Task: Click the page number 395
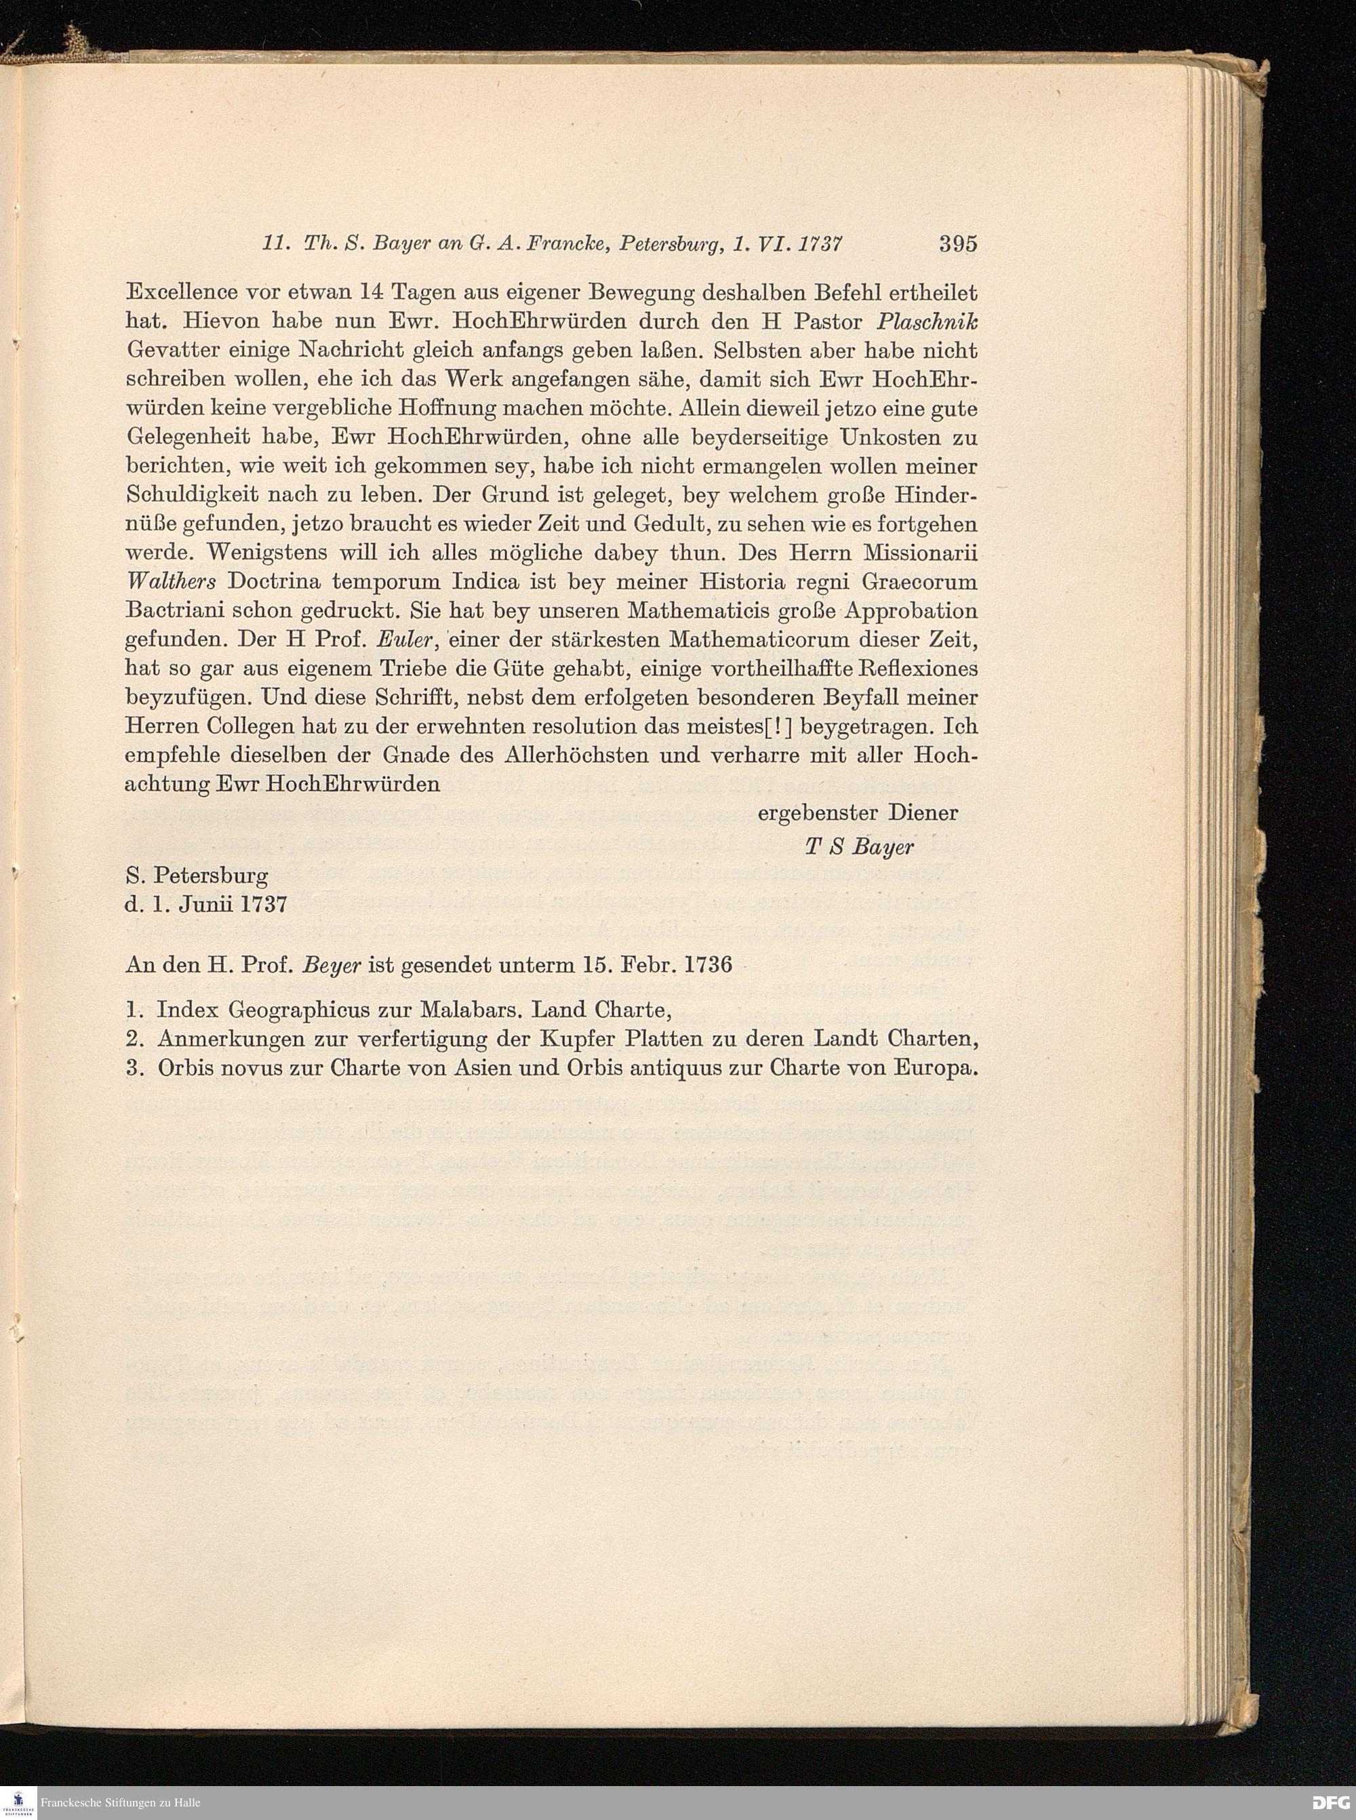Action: click(958, 244)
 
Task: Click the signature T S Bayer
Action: click(858, 847)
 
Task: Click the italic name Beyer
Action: click(332, 964)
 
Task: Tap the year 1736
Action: click(704, 964)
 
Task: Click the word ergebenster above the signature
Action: click(808, 814)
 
